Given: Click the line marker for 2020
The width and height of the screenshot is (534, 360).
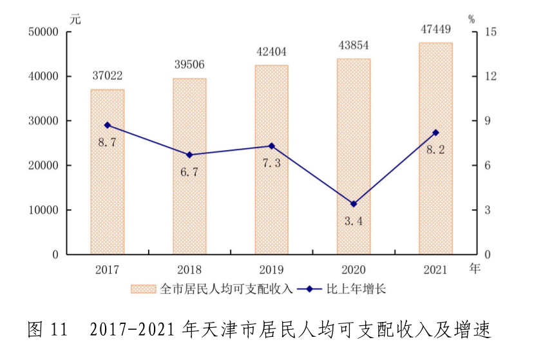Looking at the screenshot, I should (x=354, y=204).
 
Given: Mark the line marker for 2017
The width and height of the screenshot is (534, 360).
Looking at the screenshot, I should (x=107, y=125).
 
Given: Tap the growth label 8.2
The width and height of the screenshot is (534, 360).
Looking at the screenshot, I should (x=435, y=149).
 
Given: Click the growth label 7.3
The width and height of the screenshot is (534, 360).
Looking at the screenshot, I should (x=271, y=163).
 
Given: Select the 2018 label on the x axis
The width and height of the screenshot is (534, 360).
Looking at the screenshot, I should (x=189, y=269).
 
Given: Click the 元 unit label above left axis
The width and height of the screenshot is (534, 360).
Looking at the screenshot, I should (x=76, y=19).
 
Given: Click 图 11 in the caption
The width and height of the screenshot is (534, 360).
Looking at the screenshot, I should (x=48, y=330).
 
